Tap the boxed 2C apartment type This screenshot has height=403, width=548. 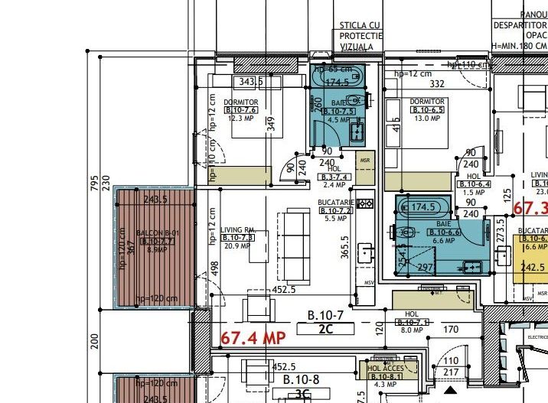325,330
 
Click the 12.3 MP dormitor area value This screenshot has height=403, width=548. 240,119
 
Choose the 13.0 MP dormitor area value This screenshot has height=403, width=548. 426,119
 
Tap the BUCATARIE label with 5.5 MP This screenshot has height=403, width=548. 334,202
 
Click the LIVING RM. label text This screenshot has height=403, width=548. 237,229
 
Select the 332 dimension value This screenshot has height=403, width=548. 438,83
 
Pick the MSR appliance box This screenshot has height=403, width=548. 365,161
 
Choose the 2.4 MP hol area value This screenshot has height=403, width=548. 334,185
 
